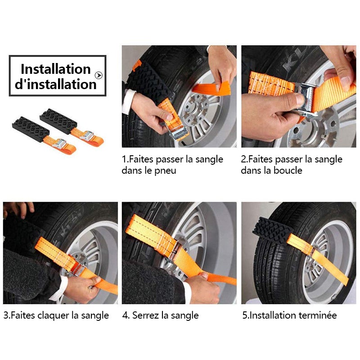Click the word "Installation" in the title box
[55, 69]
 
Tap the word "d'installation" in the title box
[55, 84]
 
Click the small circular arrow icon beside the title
[99, 75]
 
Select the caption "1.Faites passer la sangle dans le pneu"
[172, 165]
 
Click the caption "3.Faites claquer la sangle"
[56, 315]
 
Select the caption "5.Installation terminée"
[289, 315]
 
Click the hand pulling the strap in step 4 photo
[202, 288]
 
